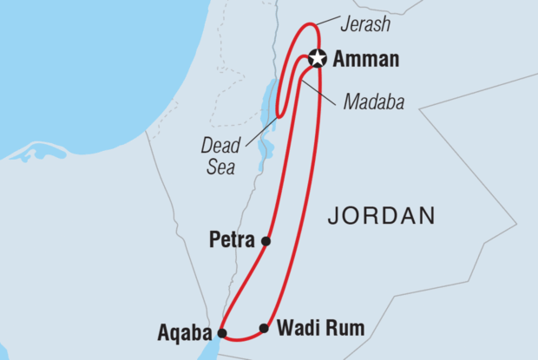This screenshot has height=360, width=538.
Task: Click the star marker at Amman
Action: tap(317, 59)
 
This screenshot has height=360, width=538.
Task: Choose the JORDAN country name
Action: tap(380, 216)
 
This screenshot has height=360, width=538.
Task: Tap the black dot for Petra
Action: tap(266, 241)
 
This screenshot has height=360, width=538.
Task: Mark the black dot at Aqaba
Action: tap(222, 332)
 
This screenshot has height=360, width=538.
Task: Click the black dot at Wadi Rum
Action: tap(264, 329)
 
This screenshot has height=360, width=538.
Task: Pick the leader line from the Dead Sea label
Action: tap(257, 131)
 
